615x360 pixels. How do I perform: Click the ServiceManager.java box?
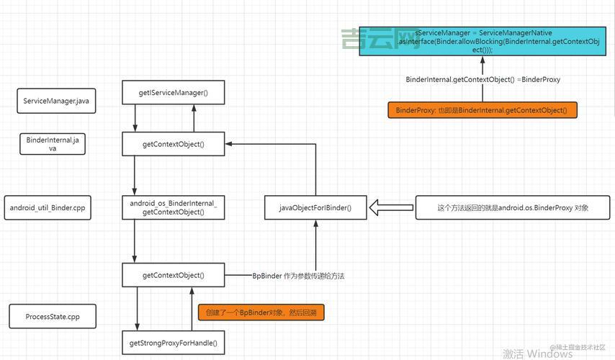[55, 101]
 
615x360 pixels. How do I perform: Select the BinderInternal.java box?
[52, 144]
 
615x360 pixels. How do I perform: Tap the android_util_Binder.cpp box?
[48, 207]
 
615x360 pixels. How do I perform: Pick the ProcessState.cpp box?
[52, 316]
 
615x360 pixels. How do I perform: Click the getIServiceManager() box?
[173, 93]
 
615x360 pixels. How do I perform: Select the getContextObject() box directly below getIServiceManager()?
[173, 144]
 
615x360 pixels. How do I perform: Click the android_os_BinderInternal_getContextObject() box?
[173, 207]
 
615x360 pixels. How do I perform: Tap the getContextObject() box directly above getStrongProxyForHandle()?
[173, 275]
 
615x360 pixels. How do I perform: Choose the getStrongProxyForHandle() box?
[173, 343]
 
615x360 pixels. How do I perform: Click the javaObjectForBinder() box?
[315, 208]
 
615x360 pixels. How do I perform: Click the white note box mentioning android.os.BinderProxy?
[513, 208]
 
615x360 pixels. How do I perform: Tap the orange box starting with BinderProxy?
[482, 110]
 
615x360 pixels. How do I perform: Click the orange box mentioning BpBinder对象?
[261, 312]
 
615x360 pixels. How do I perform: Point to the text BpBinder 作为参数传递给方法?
[298, 276]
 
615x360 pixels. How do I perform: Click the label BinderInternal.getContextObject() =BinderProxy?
[482, 79]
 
